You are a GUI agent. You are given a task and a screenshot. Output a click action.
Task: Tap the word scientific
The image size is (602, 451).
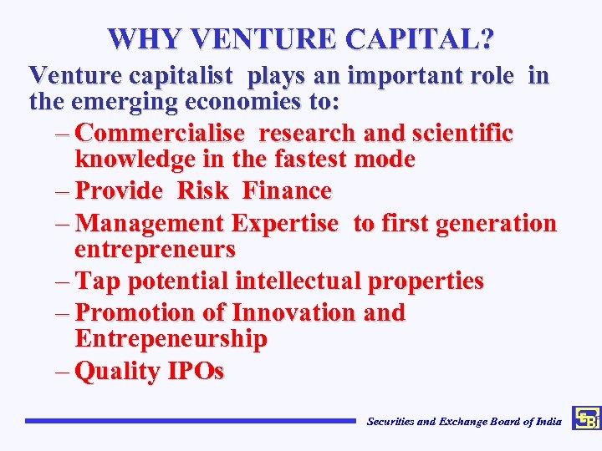467,134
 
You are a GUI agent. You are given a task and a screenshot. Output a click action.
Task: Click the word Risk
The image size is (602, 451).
202,191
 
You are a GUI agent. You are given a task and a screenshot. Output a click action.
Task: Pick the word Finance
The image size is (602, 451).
287,191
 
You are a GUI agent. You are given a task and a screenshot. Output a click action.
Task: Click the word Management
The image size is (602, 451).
154,224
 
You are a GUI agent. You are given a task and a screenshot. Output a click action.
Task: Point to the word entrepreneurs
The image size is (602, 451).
155,249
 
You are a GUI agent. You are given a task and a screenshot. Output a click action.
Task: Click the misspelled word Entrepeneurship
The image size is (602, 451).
171,339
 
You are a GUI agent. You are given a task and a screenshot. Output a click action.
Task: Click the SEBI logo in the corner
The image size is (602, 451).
585,418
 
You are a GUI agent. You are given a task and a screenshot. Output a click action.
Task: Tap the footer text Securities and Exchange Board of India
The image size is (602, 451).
464,422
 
